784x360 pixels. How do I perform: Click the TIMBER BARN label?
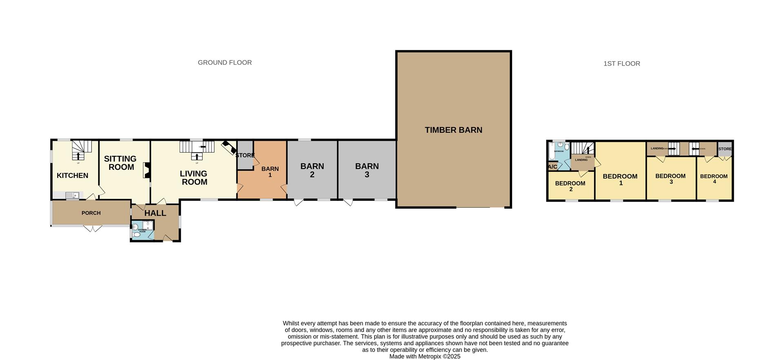tap(453, 130)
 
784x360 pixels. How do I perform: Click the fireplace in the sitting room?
tap(146, 170)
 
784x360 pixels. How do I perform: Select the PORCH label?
tap(91, 213)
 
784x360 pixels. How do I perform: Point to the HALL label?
tap(155, 213)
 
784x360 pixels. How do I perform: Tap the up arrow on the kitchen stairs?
tap(78, 156)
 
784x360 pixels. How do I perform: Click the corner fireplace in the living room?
tap(229, 148)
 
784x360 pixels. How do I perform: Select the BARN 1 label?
tap(270, 172)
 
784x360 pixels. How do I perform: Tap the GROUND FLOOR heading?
tap(225, 62)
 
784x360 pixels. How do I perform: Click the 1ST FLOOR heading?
tap(621, 64)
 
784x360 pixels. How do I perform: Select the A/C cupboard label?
tap(552, 167)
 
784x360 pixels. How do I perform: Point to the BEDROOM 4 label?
tap(714, 178)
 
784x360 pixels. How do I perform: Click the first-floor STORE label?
tap(725, 149)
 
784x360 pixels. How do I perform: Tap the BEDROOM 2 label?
tap(570, 186)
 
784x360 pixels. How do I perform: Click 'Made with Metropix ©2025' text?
tap(425, 356)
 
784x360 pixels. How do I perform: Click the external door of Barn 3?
tap(348, 202)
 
